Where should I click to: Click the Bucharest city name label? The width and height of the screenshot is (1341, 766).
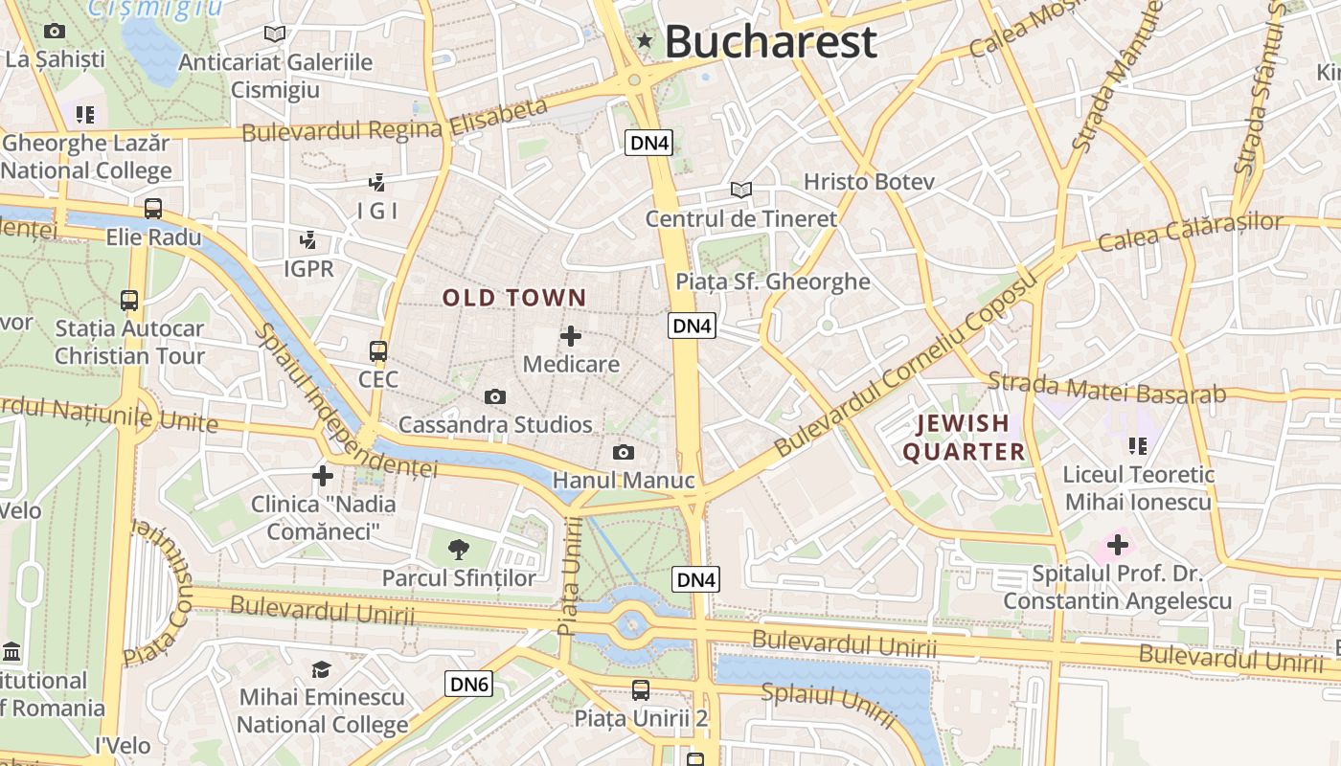[770, 42]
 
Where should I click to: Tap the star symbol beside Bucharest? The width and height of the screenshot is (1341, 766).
[645, 41]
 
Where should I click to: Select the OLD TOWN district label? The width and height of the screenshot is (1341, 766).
[513, 298]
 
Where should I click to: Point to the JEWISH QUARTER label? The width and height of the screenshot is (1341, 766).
[964, 438]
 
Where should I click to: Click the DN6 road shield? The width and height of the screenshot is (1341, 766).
[469, 684]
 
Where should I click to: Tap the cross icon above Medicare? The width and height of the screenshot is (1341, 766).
[571, 336]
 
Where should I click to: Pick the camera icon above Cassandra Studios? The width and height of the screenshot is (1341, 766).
[495, 396]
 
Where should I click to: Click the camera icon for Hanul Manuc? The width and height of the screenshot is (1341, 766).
[624, 452]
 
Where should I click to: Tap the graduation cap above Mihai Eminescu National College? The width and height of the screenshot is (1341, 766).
[321, 669]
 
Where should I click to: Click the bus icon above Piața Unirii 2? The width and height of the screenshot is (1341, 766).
[640, 689]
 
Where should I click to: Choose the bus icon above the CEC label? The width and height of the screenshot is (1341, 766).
[378, 351]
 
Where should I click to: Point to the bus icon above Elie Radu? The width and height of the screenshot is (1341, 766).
[153, 208]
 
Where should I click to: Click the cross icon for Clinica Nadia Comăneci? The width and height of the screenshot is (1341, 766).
[323, 475]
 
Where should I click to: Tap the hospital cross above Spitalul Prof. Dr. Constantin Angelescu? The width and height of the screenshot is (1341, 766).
[1117, 546]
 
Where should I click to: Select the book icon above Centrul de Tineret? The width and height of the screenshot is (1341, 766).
[740, 190]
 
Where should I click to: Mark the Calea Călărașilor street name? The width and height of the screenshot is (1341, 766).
[1191, 233]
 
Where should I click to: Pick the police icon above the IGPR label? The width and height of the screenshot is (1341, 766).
[308, 239]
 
